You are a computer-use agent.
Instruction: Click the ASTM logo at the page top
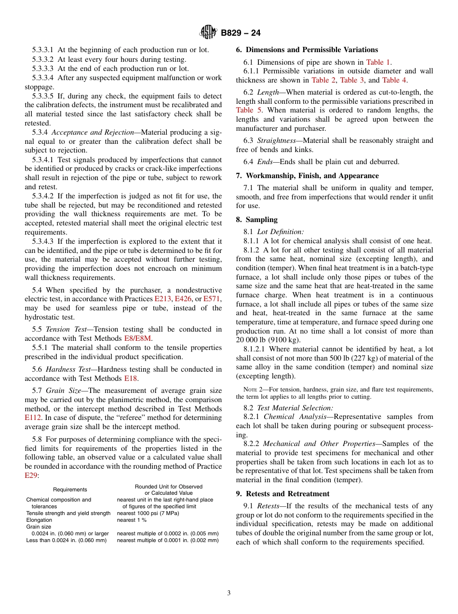(x=208, y=33)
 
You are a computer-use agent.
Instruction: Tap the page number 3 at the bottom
(x=229, y=593)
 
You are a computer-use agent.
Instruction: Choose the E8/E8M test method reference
(x=138, y=338)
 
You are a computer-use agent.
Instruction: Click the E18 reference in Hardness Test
(x=130, y=378)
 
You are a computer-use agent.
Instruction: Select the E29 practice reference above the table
(x=31, y=475)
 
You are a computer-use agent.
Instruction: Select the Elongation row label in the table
(x=39, y=520)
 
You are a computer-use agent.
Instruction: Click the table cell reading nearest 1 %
(x=132, y=520)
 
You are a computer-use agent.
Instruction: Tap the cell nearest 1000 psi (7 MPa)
(x=148, y=513)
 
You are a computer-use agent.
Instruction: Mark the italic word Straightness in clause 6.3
(x=276, y=140)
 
